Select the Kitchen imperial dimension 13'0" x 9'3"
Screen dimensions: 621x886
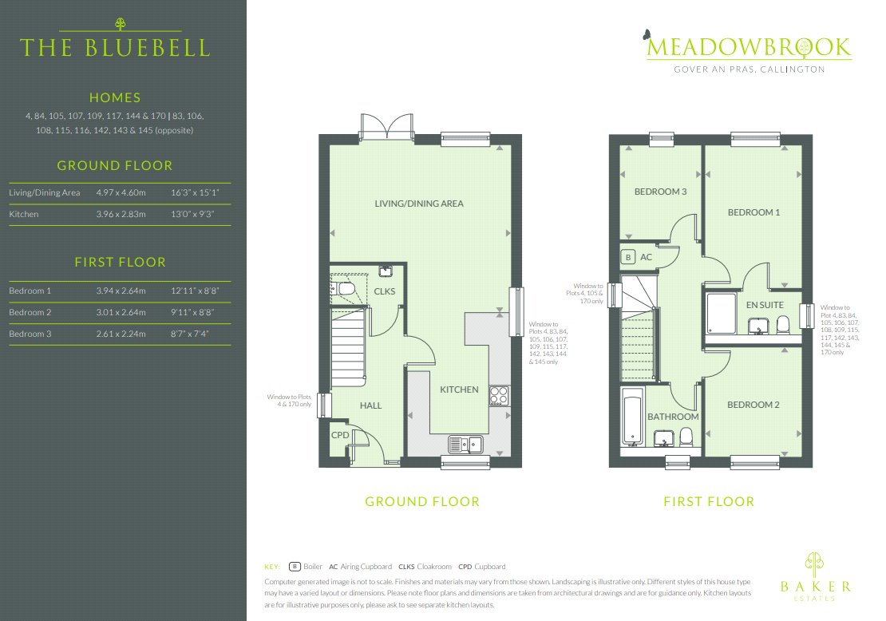click(193, 214)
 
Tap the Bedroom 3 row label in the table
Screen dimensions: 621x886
click(30, 334)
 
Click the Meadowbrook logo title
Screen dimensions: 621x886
click(748, 47)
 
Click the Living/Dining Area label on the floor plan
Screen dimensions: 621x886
click(419, 204)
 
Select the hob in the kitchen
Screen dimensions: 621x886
click(500, 394)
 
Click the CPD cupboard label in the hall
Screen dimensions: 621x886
click(341, 435)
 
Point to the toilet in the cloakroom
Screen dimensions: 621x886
click(346, 287)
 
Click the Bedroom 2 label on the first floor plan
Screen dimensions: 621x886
click(753, 405)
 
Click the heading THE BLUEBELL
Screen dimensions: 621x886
click(115, 47)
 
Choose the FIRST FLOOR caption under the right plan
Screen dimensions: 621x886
click(709, 502)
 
